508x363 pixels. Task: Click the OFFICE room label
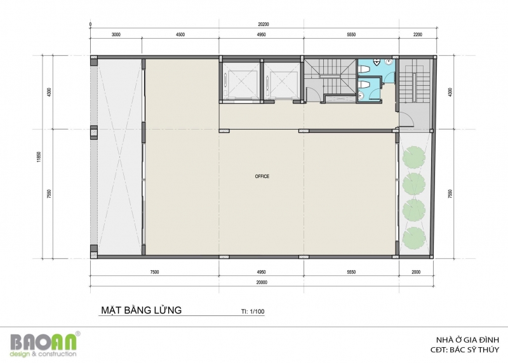pos(262,177)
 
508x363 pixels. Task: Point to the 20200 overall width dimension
pos(264,24)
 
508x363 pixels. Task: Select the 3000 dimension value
pos(116,35)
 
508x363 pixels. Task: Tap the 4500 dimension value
pos(180,35)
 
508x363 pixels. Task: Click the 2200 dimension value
pos(418,35)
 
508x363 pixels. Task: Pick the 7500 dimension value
pos(154,272)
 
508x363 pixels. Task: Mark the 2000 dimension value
pos(416,272)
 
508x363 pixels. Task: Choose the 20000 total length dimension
pos(262,282)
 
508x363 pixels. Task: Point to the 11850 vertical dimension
pos(39,157)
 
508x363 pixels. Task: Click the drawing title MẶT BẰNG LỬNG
pos(141,310)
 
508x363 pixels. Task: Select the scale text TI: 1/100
pos(253,312)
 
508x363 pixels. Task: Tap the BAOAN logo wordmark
pos(44,341)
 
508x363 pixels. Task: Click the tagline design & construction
pos(43,353)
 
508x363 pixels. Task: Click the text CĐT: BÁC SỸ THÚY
pos(465,350)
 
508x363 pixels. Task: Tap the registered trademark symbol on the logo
pos(78,334)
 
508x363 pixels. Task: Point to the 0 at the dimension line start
pos(90,25)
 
